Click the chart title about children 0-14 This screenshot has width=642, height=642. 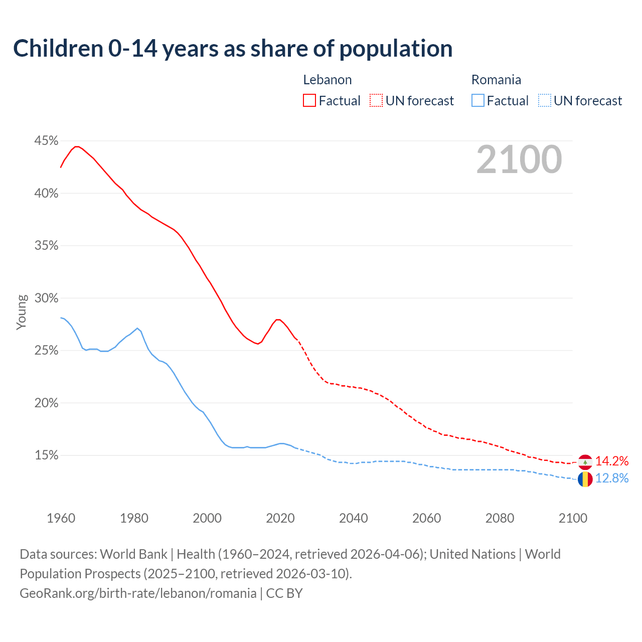233,49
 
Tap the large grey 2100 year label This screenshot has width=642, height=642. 519,159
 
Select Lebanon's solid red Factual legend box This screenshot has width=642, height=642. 309,101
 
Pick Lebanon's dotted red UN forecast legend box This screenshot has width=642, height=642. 376,101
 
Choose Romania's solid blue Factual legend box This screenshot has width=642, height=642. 478,101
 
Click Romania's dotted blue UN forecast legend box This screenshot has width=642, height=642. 545,101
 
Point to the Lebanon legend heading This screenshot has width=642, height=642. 328,80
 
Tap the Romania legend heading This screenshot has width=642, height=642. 496,80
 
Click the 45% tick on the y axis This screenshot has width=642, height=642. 46,141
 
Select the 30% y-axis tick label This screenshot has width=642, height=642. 46,298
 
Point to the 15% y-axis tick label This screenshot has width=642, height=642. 46,455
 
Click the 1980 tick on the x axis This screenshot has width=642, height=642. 134,518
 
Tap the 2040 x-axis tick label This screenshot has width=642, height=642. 354,518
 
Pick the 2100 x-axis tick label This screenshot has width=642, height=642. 573,518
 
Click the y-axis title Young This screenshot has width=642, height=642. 22,312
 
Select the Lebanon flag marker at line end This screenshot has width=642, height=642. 585,462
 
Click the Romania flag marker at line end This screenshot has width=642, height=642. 585,479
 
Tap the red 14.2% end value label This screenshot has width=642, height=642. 612,461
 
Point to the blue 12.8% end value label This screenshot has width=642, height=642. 612,478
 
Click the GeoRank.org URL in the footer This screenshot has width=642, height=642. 138,593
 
